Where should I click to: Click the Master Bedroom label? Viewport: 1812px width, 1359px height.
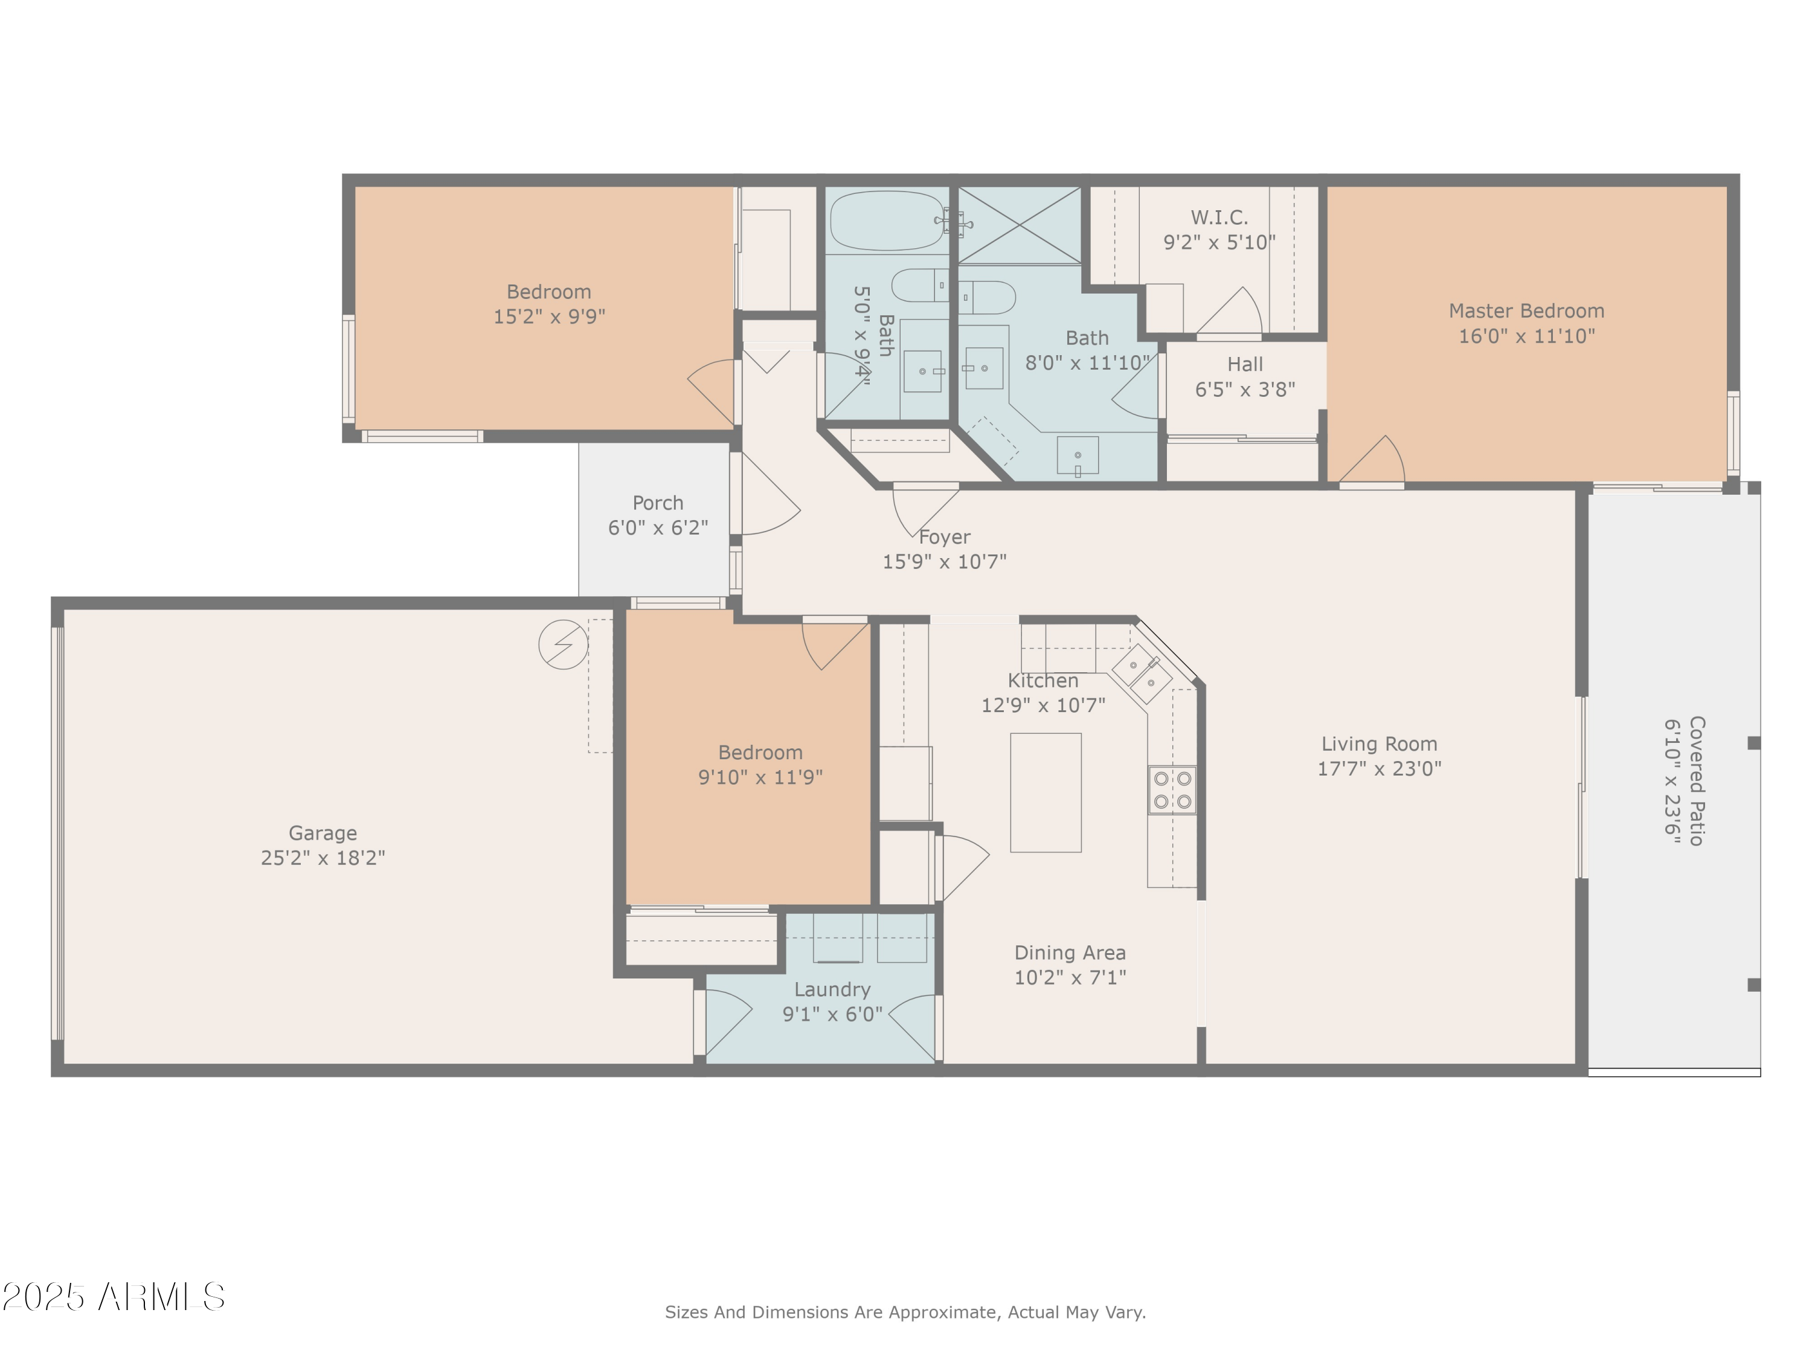[1526, 311]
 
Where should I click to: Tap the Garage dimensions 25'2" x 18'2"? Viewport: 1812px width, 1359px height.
[323, 858]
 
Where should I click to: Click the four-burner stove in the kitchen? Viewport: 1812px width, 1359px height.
[1172, 789]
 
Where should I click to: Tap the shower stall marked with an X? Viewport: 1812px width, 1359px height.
[1019, 225]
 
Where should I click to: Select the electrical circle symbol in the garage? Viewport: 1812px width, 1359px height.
[563, 644]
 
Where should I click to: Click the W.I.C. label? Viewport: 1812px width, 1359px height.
[1219, 218]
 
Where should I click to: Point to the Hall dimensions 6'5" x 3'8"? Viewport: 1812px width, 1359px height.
[1245, 390]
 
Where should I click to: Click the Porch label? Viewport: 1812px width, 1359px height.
[658, 503]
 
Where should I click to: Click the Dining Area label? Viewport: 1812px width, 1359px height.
[1070, 953]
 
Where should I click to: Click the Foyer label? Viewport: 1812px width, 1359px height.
[945, 538]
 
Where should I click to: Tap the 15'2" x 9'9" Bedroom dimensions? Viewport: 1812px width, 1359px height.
[549, 316]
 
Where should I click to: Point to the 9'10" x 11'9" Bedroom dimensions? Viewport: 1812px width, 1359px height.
[760, 777]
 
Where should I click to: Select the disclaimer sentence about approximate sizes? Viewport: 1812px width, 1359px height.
[905, 1312]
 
